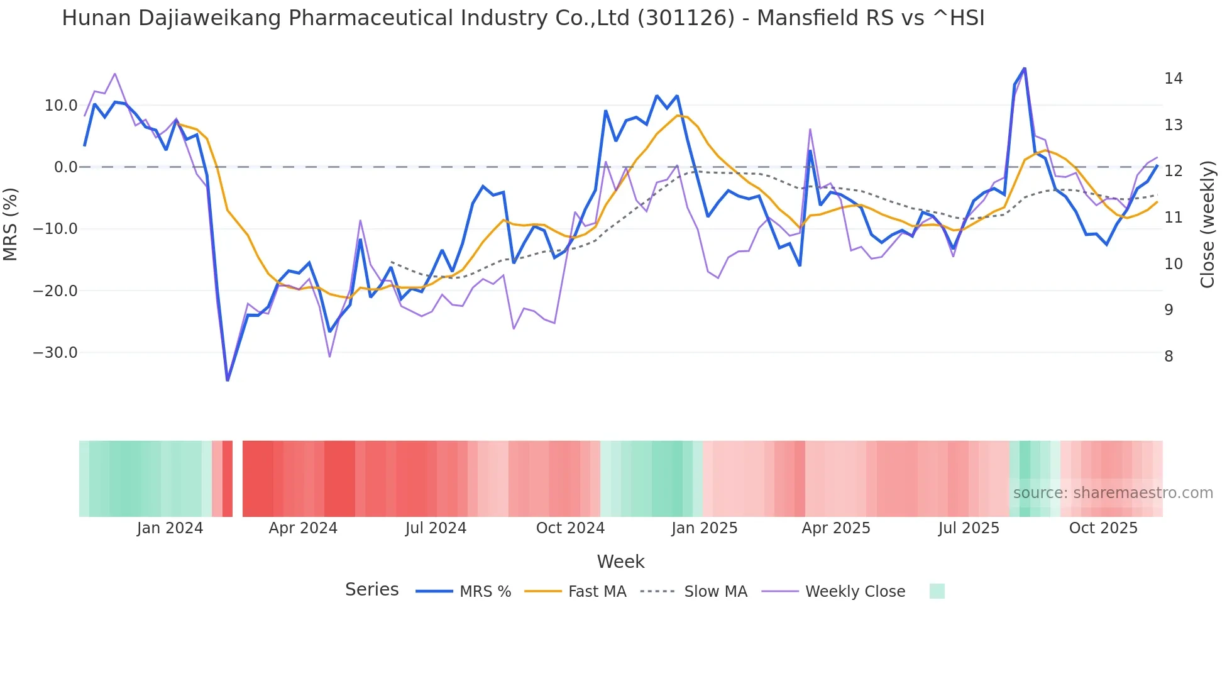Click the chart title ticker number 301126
point(686,18)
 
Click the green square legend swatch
point(937,591)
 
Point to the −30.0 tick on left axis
point(55,353)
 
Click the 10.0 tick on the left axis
point(61,106)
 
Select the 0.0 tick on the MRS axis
point(65,167)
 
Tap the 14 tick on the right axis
point(1173,79)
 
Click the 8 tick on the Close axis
point(1169,357)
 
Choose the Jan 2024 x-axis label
point(170,528)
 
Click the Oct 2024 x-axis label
point(570,528)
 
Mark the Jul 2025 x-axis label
point(969,528)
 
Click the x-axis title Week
point(620,562)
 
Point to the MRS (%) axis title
point(11,224)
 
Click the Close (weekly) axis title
point(1207,224)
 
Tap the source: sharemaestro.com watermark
point(1113,493)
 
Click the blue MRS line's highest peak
point(1024,68)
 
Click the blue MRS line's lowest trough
point(228,380)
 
